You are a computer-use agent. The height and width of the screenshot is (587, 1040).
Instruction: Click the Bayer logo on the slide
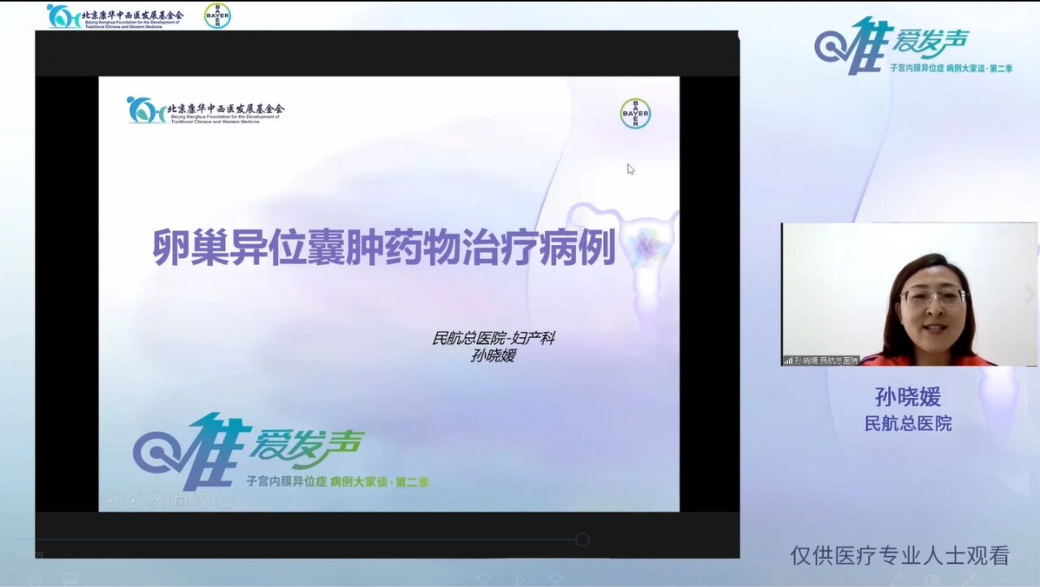pyautogui.click(x=635, y=114)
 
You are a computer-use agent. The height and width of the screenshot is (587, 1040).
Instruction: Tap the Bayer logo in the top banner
pyautogui.click(x=217, y=15)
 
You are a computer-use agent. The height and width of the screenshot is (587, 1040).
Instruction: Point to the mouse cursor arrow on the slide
pyautogui.click(x=630, y=169)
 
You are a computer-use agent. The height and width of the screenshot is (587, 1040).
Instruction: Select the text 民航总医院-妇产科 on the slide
pyautogui.click(x=493, y=338)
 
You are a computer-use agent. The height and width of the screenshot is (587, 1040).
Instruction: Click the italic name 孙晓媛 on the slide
pyautogui.click(x=493, y=355)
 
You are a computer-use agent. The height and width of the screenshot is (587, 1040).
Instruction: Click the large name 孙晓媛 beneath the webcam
pyautogui.click(x=908, y=396)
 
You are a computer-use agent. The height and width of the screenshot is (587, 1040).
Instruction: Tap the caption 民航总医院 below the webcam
pyautogui.click(x=908, y=423)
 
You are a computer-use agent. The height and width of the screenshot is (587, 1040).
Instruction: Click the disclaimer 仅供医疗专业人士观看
pyautogui.click(x=899, y=555)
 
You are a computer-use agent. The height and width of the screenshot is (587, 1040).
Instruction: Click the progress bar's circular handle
pyautogui.click(x=582, y=539)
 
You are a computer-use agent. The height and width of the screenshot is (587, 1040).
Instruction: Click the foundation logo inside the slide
pyautogui.click(x=206, y=110)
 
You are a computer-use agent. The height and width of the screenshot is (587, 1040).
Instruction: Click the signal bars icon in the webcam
pyautogui.click(x=787, y=360)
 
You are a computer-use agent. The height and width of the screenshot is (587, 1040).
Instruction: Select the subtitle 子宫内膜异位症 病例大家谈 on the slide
pyautogui.click(x=337, y=481)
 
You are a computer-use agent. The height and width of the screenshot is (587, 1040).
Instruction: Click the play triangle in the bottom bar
pyautogui.click(x=520, y=580)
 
